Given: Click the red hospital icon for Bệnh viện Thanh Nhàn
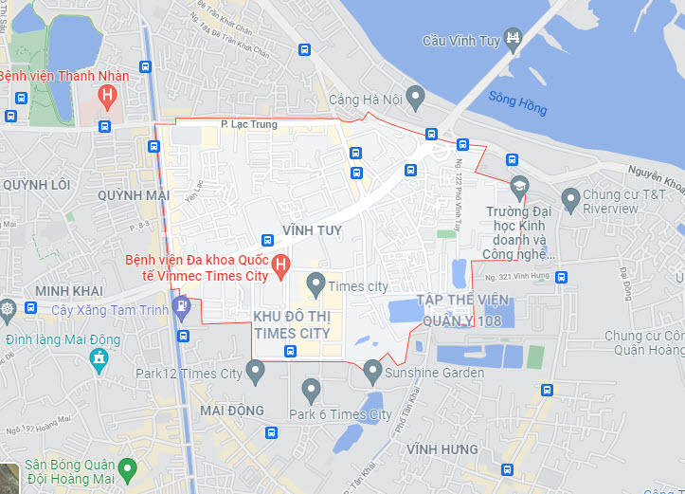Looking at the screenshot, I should [x=108, y=95].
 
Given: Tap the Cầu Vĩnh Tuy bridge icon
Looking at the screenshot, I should [x=513, y=40].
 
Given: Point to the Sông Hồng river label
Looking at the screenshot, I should [x=518, y=101].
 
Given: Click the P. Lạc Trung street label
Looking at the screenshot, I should [x=249, y=124].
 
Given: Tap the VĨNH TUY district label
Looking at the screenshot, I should [x=312, y=230].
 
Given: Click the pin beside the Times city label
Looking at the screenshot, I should [x=316, y=284].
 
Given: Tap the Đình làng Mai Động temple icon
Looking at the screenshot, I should [x=98, y=358].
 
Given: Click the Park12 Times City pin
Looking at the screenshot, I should [x=255, y=373].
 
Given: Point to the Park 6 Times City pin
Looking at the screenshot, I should [x=312, y=390].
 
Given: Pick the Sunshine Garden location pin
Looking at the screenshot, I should [x=372, y=372].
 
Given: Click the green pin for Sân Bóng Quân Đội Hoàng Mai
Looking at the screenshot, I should [x=128, y=468].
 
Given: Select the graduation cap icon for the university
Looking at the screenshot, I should [x=518, y=185].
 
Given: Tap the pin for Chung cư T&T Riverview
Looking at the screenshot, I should [x=570, y=200].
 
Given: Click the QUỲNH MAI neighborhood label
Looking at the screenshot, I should [x=133, y=194].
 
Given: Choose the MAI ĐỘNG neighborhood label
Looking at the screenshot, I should [x=232, y=411].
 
